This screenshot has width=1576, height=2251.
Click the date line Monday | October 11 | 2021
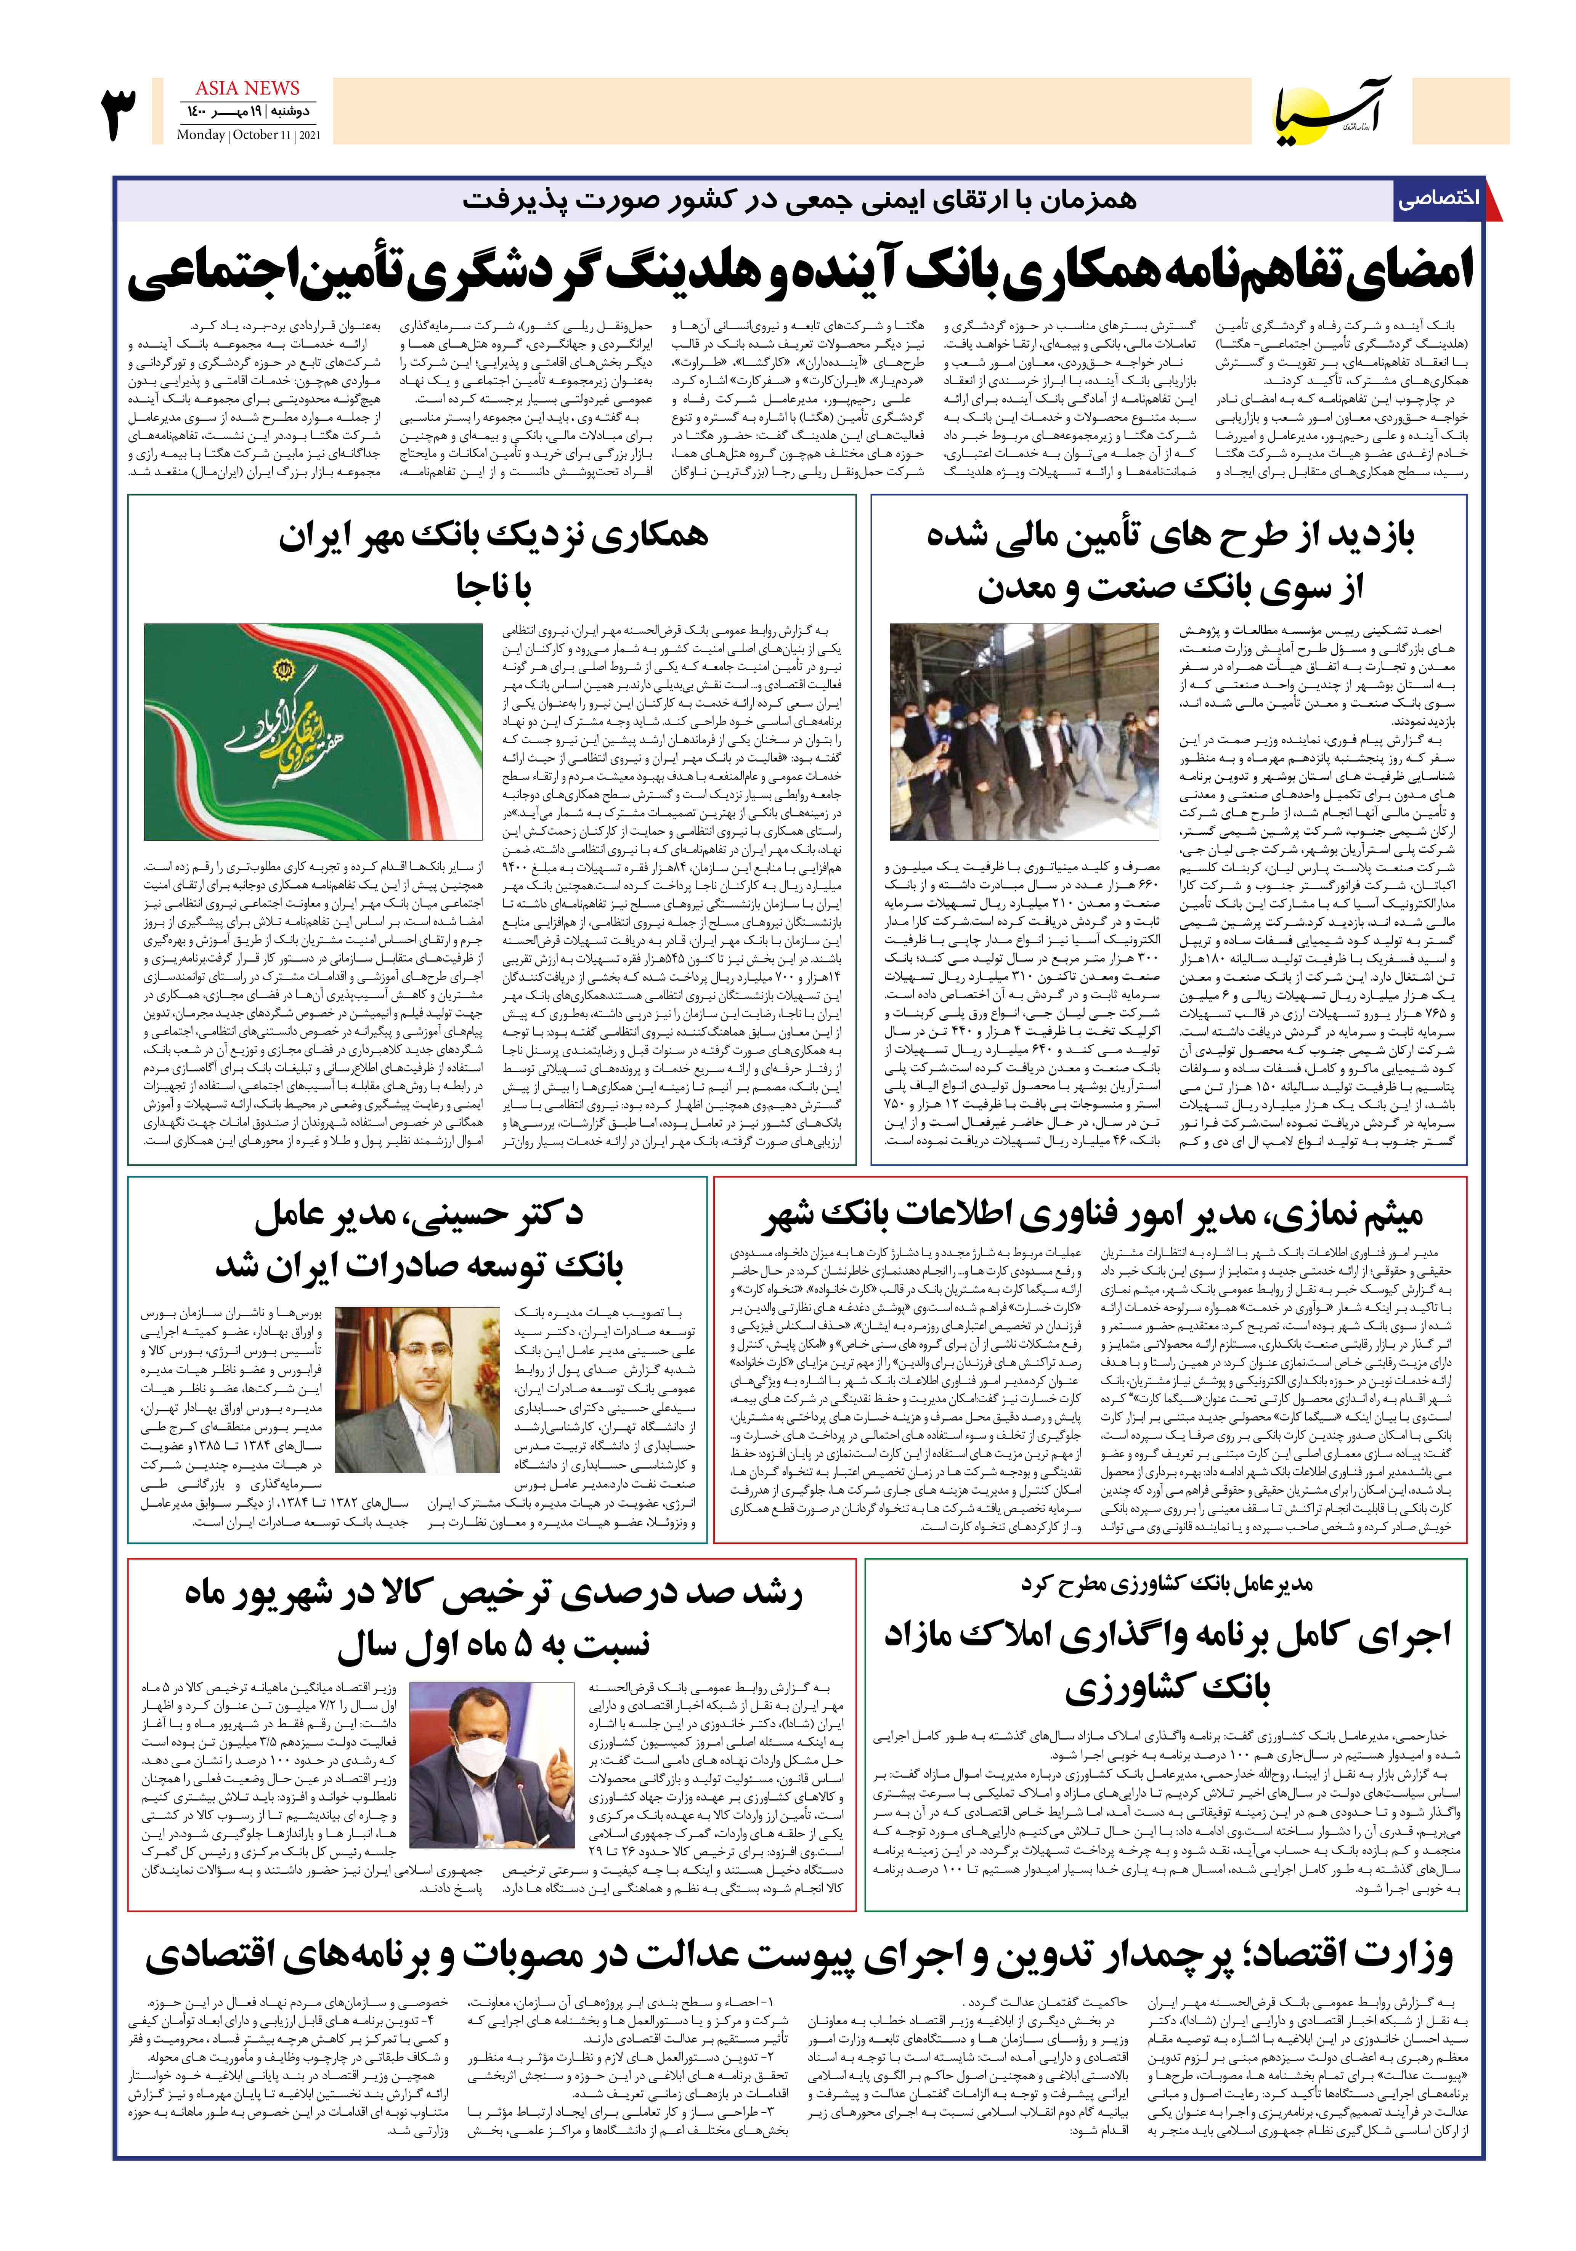248,135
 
